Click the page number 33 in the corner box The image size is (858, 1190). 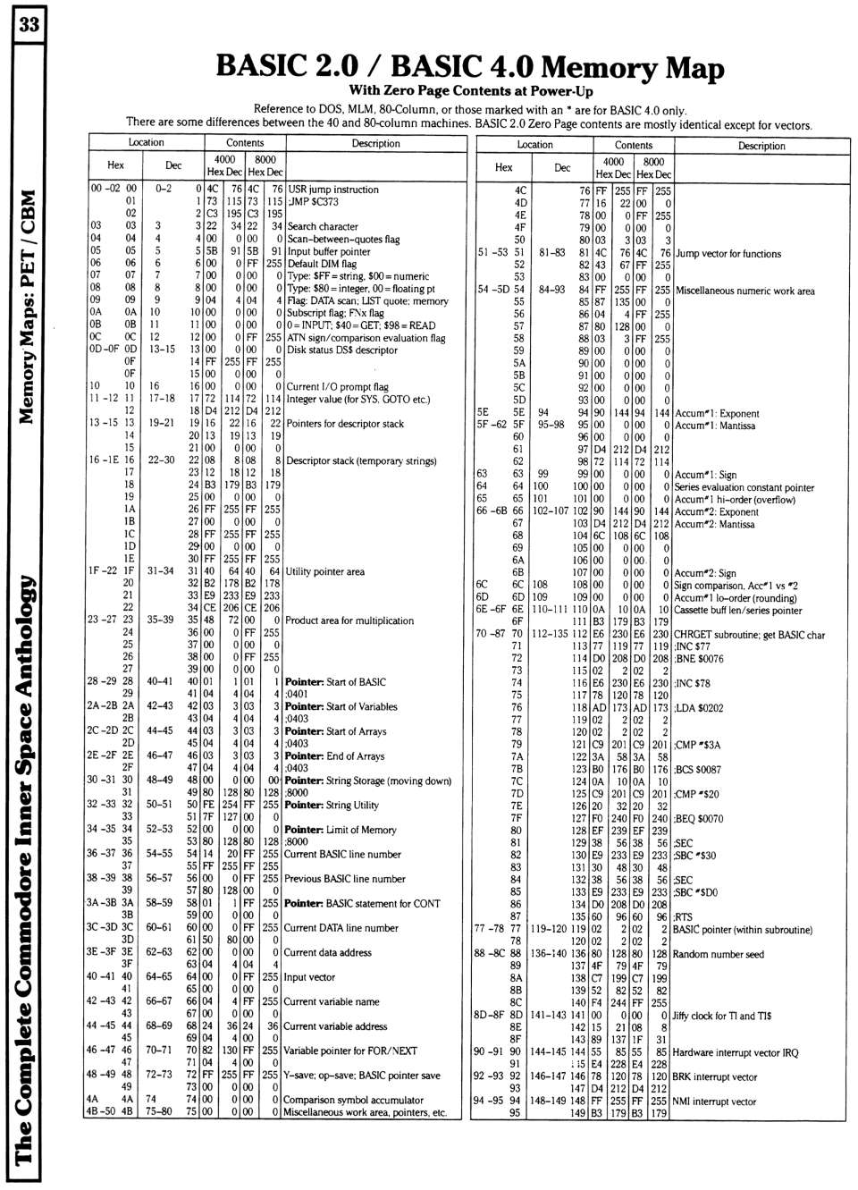click(26, 24)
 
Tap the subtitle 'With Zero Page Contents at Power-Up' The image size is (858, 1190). click(470, 91)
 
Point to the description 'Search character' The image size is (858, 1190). click(323, 227)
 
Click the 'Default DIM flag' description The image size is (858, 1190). click(322, 264)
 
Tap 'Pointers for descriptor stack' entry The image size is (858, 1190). click(345, 424)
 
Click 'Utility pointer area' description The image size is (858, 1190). click(324, 571)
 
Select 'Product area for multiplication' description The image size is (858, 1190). click(349, 620)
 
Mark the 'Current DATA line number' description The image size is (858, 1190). click(341, 928)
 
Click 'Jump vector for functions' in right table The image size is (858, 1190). click(728, 254)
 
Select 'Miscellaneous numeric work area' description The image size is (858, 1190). click(744, 291)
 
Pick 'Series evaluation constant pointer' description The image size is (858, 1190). click(744, 488)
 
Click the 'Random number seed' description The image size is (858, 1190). click(718, 954)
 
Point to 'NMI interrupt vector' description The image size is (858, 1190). click(714, 1101)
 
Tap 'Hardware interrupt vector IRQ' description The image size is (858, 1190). click(735, 1052)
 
